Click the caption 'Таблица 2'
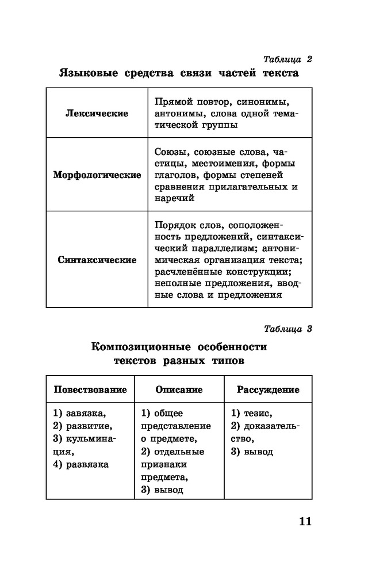(x=287, y=59)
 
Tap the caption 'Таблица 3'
(x=287, y=329)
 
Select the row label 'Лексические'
(x=97, y=113)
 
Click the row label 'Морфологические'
(x=97, y=175)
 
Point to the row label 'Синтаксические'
(x=97, y=260)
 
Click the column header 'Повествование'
(x=90, y=390)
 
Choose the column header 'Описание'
(x=179, y=390)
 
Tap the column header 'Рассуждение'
(x=268, y=390)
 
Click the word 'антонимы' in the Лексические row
(x=177, y=113)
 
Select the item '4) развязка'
(x=81, y=464)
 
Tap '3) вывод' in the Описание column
(x=162, y=490)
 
